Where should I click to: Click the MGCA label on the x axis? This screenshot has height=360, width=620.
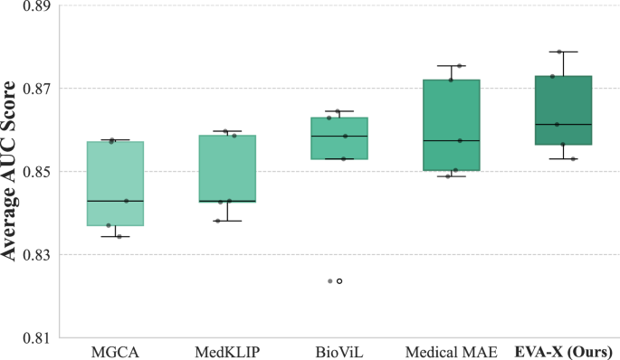click(x=115, y=350)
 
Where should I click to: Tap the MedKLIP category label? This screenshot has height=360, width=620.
click(x=228, y=350)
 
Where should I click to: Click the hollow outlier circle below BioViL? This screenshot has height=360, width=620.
click(x=339, y=281)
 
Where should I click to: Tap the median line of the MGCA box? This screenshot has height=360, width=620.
click(x=115, y=201)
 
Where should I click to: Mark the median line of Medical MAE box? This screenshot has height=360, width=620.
click(x=451, y=141)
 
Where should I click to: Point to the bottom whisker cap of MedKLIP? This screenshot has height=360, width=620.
click(x=227, y=221)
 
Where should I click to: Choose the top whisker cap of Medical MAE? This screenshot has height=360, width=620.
click(x=451, y=65)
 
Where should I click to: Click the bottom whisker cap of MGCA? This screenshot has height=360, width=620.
click(x=115, y=236)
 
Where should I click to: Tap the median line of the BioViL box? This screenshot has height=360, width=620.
click(x=339, y=136)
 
